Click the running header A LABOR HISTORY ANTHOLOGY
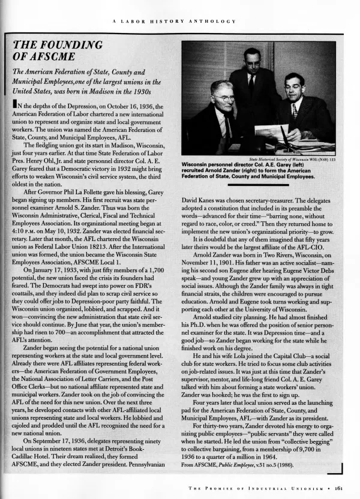(173, 21)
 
